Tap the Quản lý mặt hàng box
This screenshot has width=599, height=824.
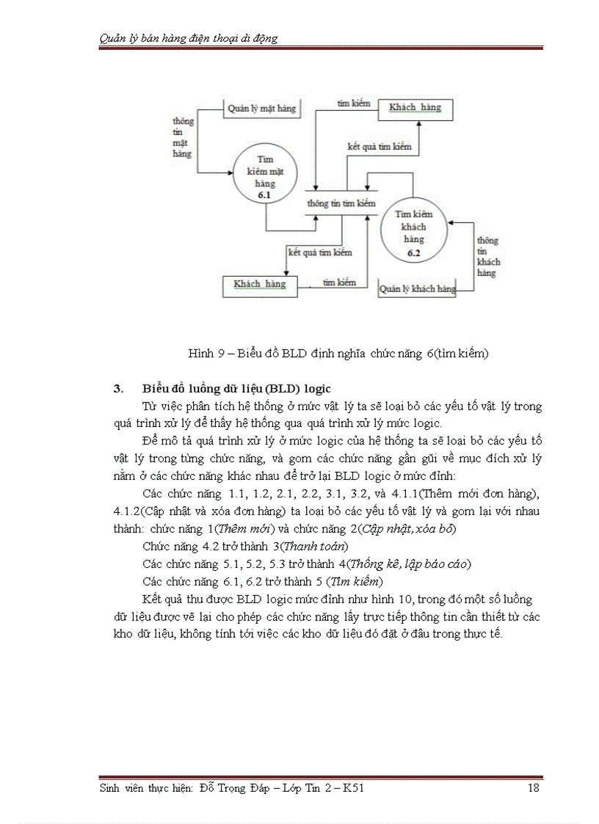pyautogui.click(x=261, y=109)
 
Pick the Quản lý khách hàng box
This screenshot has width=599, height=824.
pyautogui.click(x=417, y=289)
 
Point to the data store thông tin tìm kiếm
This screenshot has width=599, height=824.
pyautogui.click(x=341, y=203)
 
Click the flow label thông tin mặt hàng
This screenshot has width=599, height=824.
pyautogui.click(x=182, y=137)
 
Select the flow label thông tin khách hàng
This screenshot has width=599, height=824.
pyautogui.click(x=488, y=256)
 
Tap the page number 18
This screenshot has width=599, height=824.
pyautogui.click(x=534, y=788)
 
